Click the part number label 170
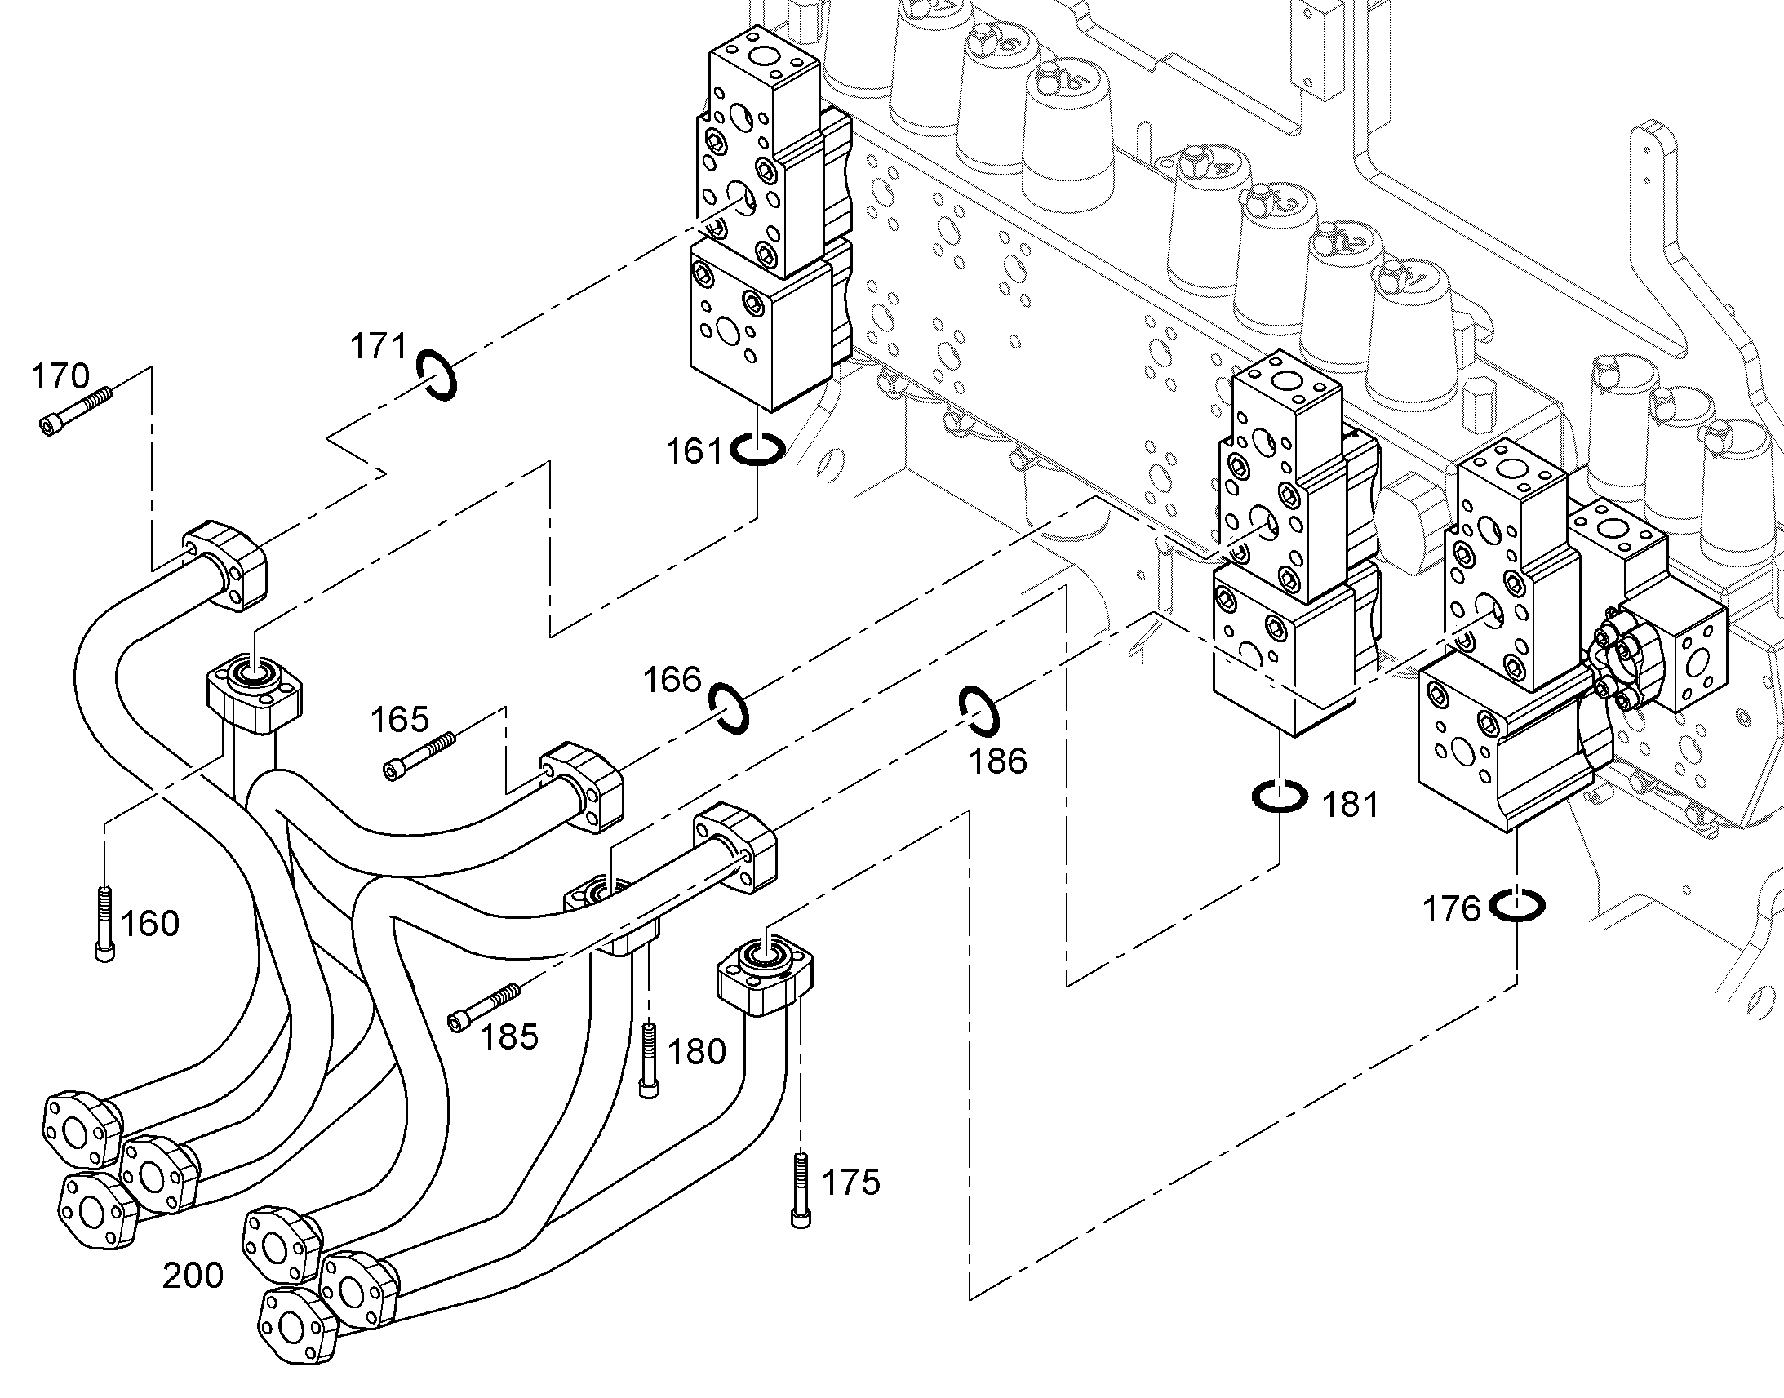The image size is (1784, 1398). (x=60, y=377)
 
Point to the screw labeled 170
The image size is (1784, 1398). (x=74, y=411)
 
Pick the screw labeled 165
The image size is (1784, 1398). (x=419, y=756)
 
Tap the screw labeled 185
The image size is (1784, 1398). (x=484, y=1007)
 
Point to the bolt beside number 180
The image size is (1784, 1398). (x=649, y=1060)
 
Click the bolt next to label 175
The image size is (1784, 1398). (x=802, y=1189)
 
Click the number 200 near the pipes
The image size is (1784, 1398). (x=193, y=1276)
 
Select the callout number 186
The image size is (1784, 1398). (x=997, y=761)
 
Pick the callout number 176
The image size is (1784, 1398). (x=1452, y=909)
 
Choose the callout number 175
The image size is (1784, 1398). (x=851, y=1183)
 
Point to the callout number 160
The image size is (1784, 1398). (x=150, y=924)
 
